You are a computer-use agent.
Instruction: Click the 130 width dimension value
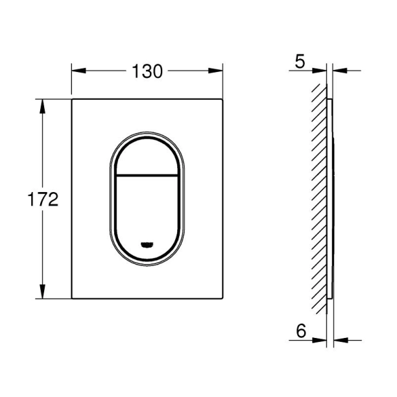point(148,71)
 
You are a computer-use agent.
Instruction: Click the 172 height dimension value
point(43,198)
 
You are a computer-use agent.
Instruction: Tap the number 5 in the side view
point(299,62)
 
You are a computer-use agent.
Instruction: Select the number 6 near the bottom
point(300,330)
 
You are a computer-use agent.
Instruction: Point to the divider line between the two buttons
point(147,175)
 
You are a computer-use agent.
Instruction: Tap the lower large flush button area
point(147,208)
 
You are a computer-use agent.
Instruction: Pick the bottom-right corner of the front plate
point(223,299)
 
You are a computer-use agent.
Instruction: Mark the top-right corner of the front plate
point(223,99)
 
